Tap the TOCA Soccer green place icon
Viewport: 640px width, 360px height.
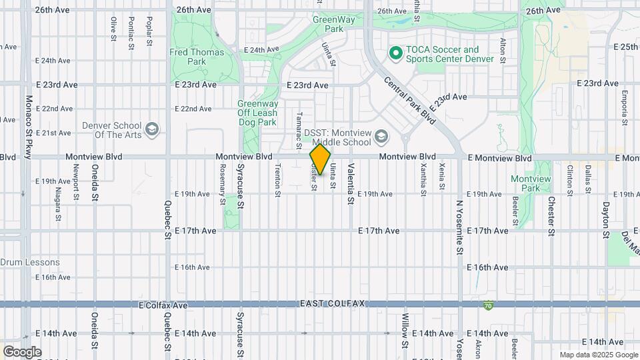[395, 51]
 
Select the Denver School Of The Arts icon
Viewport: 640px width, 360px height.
[152, 129]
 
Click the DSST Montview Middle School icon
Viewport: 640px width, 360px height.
[381, 137]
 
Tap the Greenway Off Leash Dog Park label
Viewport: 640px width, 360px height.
[257, 113]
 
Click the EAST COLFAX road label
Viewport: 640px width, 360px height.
[332, 304]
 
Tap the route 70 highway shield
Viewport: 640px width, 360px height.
[489, 305]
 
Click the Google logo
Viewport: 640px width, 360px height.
[21, 351]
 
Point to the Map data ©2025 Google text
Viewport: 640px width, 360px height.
[598, 355]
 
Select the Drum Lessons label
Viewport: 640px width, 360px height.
[30, 263]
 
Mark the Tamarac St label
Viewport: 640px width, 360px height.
[298, 130]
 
